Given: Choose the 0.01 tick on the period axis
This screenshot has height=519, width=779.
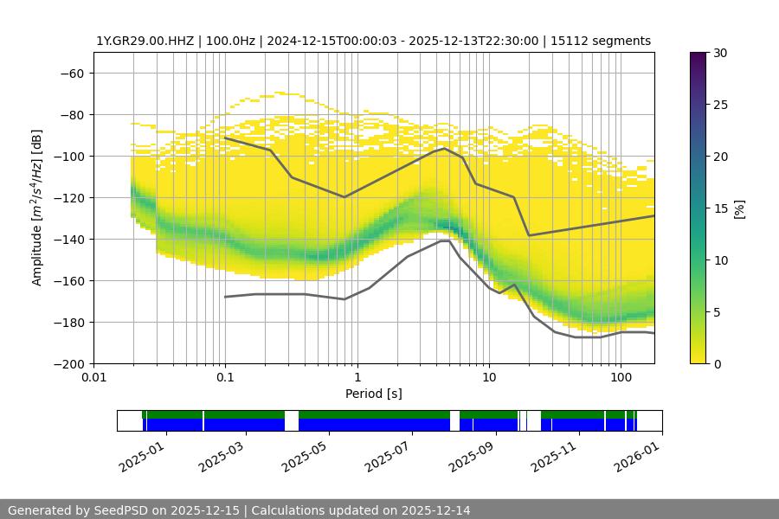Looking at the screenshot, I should [93, 376].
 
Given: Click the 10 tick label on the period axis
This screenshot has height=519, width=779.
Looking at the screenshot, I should [489, 376].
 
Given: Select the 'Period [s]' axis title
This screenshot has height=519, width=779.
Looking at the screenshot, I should [374, 394].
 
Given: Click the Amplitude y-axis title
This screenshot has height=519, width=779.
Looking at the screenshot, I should [37, 208].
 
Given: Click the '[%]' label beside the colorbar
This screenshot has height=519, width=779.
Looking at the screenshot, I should [738, 208].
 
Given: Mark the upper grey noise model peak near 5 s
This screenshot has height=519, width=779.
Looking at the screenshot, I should [444, 148].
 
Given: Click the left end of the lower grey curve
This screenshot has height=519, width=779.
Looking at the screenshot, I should [225, 297].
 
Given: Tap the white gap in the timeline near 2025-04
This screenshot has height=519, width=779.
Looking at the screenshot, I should [292, 420].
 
